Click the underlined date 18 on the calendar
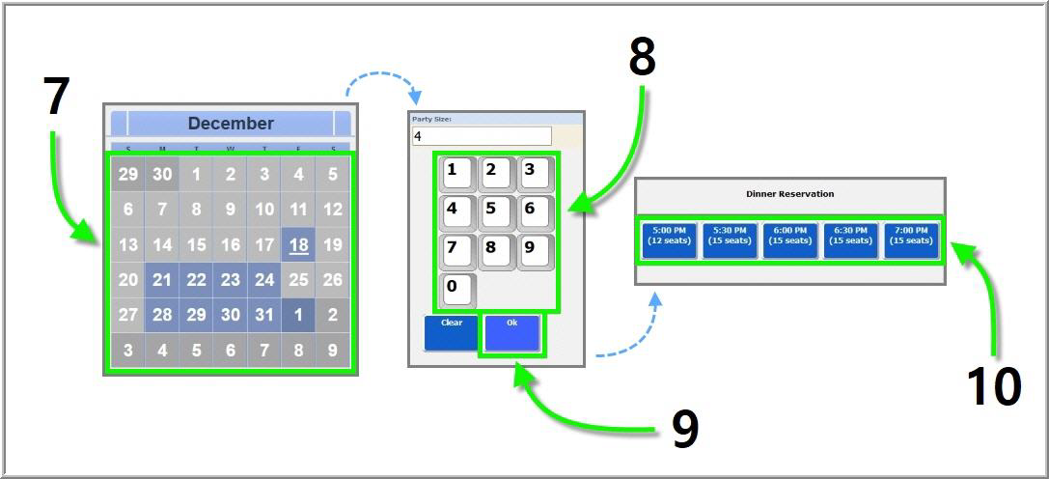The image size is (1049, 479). click(299, 244)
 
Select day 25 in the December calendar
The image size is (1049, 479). click(299, 280)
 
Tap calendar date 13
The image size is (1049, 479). click(128, 244)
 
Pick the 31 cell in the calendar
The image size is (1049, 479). click(264, 316)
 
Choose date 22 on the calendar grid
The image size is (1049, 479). click(197, 280)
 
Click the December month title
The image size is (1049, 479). click(231, 124)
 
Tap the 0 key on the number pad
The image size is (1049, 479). click(457, 290)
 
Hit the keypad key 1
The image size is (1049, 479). click(457, 175)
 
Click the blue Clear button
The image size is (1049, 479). click(452, 332)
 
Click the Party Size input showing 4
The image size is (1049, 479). click(482, 136)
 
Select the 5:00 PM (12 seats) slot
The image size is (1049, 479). click(669, 240)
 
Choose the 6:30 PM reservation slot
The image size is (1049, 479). click(850, 240)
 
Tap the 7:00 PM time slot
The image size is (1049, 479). click(911, 240)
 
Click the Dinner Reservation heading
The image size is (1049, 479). click(789, 194)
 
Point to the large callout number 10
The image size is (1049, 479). click(993, 387)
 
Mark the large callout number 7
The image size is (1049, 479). click(57, 96)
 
